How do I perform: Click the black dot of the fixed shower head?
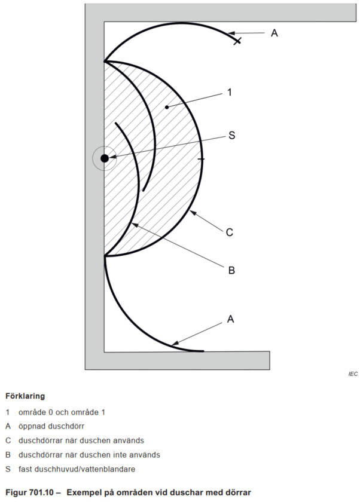click(105, 158)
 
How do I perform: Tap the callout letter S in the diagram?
click(232, 136)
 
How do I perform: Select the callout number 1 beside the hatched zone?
click(229, 92)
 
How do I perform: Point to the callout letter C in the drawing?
click(230, 232)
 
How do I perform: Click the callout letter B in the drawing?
click(231, 271)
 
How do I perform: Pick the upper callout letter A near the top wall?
click(274, 33)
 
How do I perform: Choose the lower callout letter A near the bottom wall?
click(231, 319)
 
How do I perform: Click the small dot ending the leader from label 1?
click(167, 107)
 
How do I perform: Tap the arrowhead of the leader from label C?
click(192, 212)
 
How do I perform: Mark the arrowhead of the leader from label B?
click(135, 225)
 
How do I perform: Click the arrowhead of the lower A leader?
click(175, 343)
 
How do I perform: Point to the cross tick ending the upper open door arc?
click(237, 41)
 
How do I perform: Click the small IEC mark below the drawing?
click(353, 374)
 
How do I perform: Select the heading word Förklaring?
click(25, 396)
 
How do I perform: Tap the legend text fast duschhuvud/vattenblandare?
click(77, 469)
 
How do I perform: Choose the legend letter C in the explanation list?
click(8, 440)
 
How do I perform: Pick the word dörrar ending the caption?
click(239, 492)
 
